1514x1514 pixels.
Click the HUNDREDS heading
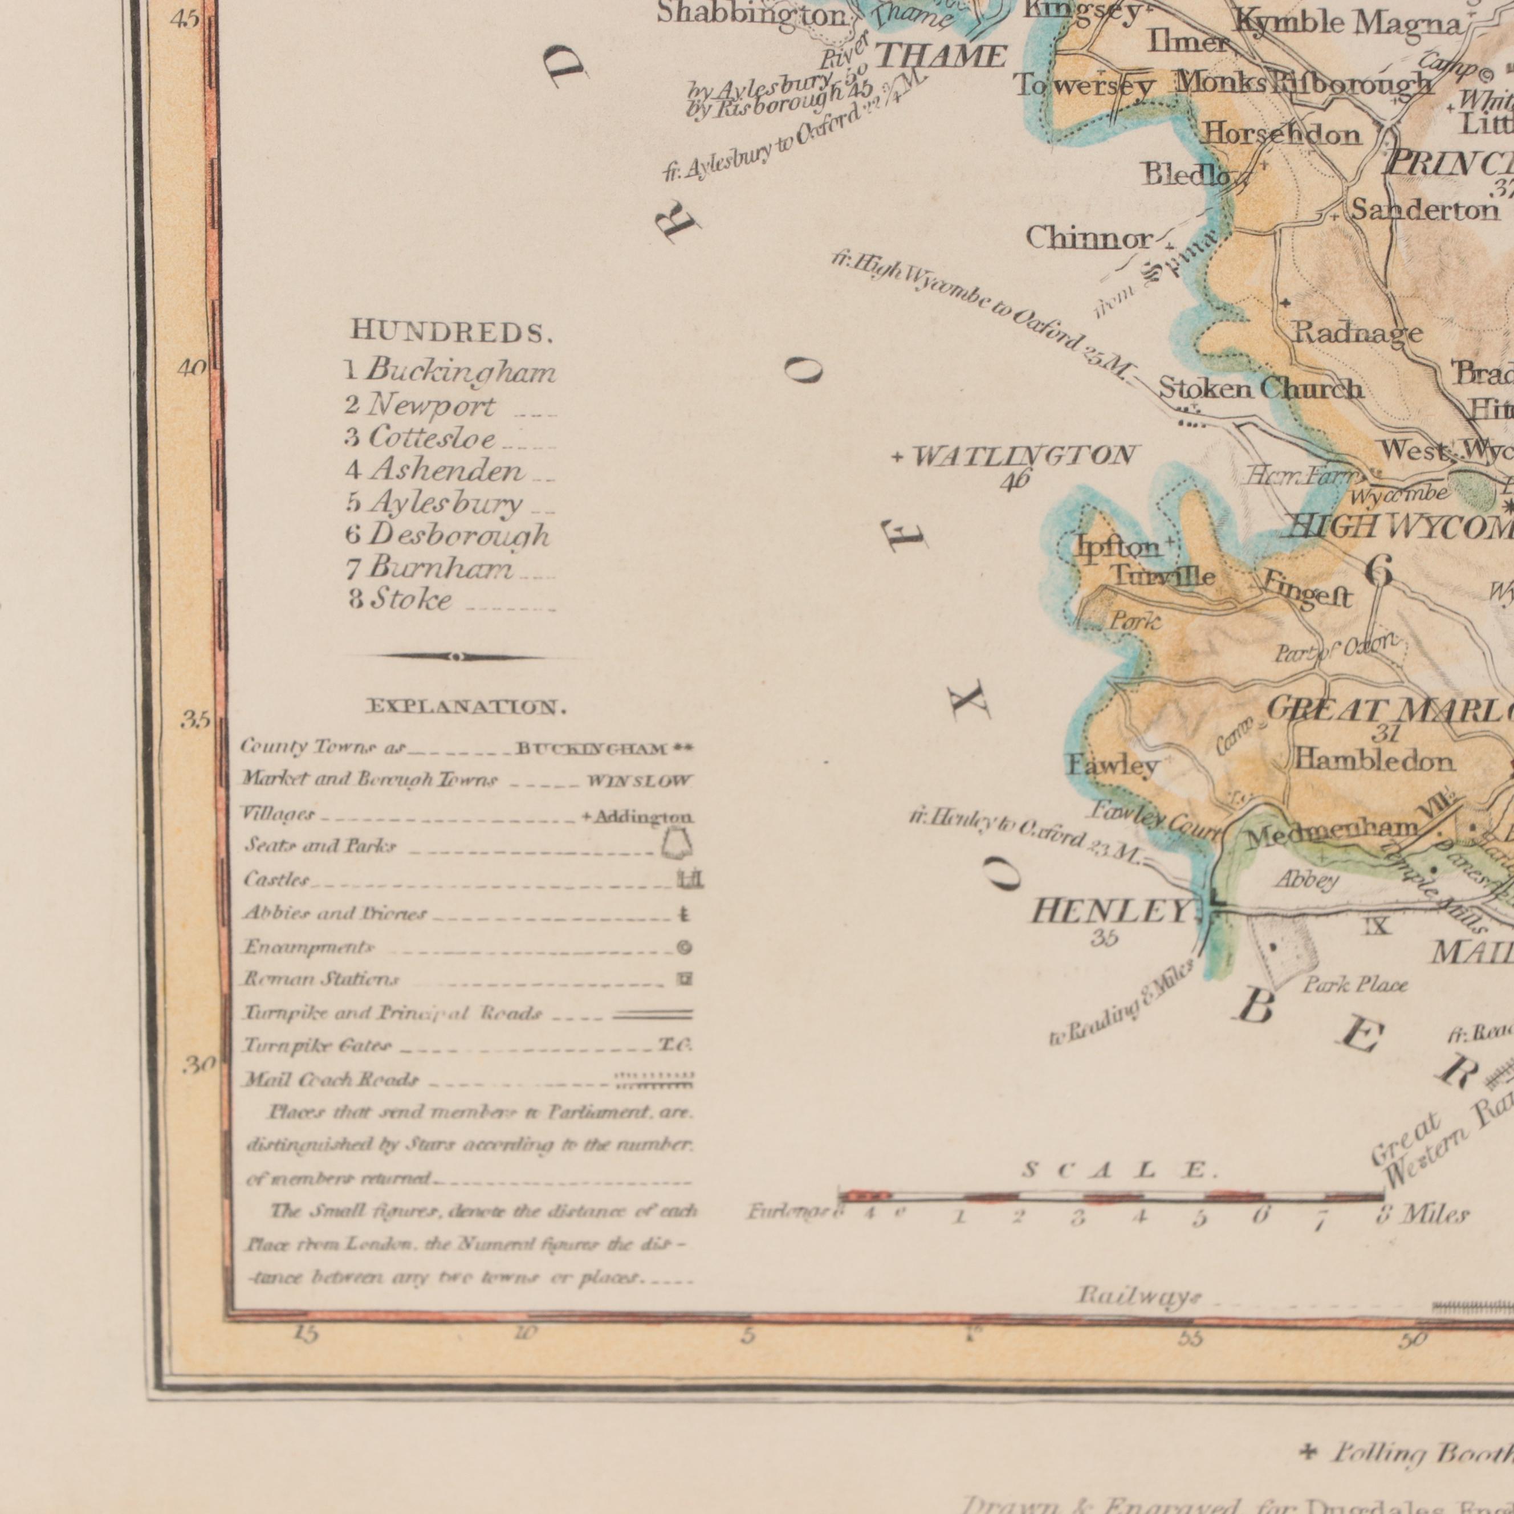pos(451,332)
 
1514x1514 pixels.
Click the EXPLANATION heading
pos(466,707)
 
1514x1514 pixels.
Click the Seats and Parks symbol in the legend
pos(677,845)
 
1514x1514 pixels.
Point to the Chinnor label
pos(1089,238)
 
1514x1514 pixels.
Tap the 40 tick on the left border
pos(190,368)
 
